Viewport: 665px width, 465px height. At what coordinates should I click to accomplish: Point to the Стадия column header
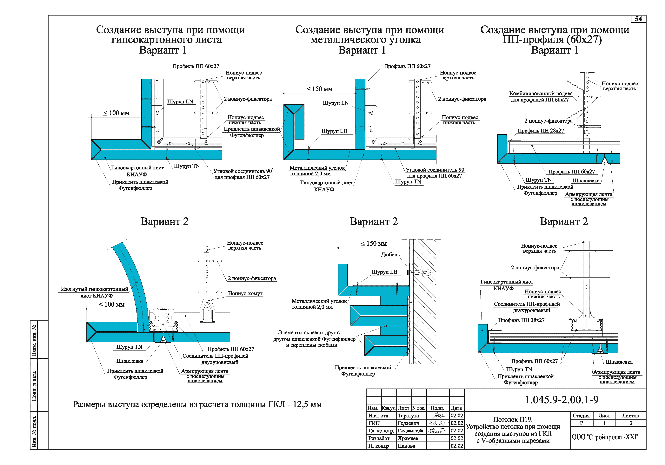581,416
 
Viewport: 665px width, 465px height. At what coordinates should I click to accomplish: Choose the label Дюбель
390,254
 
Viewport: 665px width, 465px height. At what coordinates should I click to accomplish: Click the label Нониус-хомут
245,293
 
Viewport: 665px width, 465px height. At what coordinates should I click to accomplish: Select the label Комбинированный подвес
540,94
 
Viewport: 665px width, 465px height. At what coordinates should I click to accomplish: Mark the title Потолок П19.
513,419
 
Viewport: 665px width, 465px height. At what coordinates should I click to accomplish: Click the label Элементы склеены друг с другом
314,339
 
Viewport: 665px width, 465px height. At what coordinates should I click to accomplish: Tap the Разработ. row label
379,438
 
